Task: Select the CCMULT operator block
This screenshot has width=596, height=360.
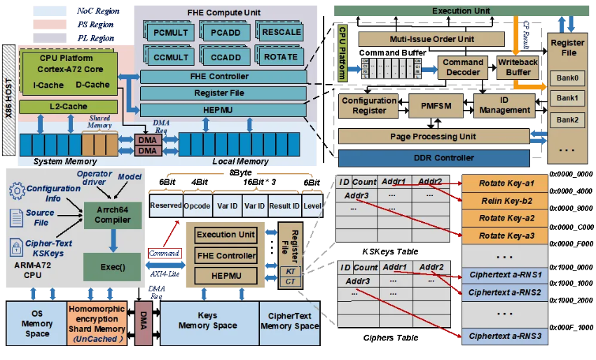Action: pos(170,56)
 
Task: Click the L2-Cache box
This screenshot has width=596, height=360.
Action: pos(58,106)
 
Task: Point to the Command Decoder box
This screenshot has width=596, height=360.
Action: pos(462,67)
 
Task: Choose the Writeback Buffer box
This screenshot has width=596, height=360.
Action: pos(519,67)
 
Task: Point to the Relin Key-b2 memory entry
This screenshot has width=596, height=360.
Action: pos(506,200)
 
